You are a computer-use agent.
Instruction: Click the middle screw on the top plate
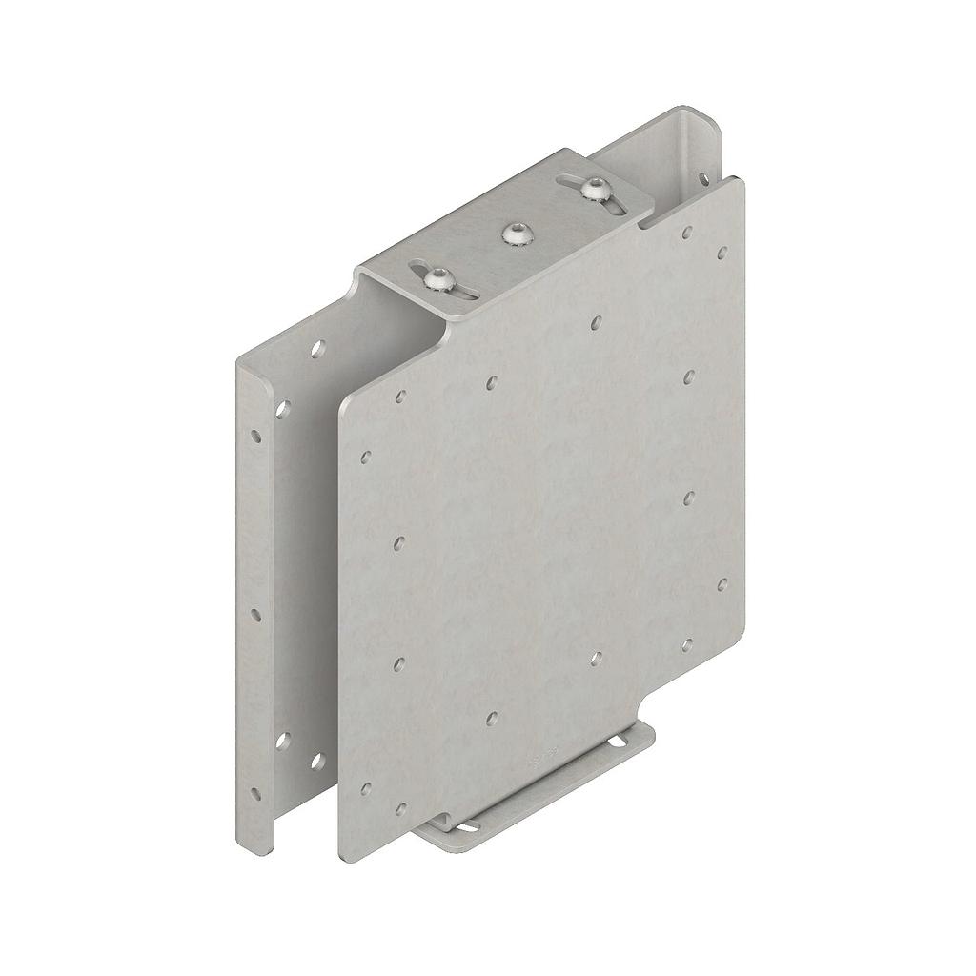pyautogui.click(x=516, y=232)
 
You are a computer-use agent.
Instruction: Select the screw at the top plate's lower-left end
pyautogui.click(x=437, y=279)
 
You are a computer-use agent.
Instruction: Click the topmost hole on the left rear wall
pyautogui.click(x=317, y=348)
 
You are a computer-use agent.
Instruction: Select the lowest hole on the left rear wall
pyautogui.click(x=317, y=761)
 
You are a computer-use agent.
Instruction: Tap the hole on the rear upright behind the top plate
pyautogui.click(x=703, y=177)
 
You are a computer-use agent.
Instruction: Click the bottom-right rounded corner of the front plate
pyautogui.click(x=738, y=637)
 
